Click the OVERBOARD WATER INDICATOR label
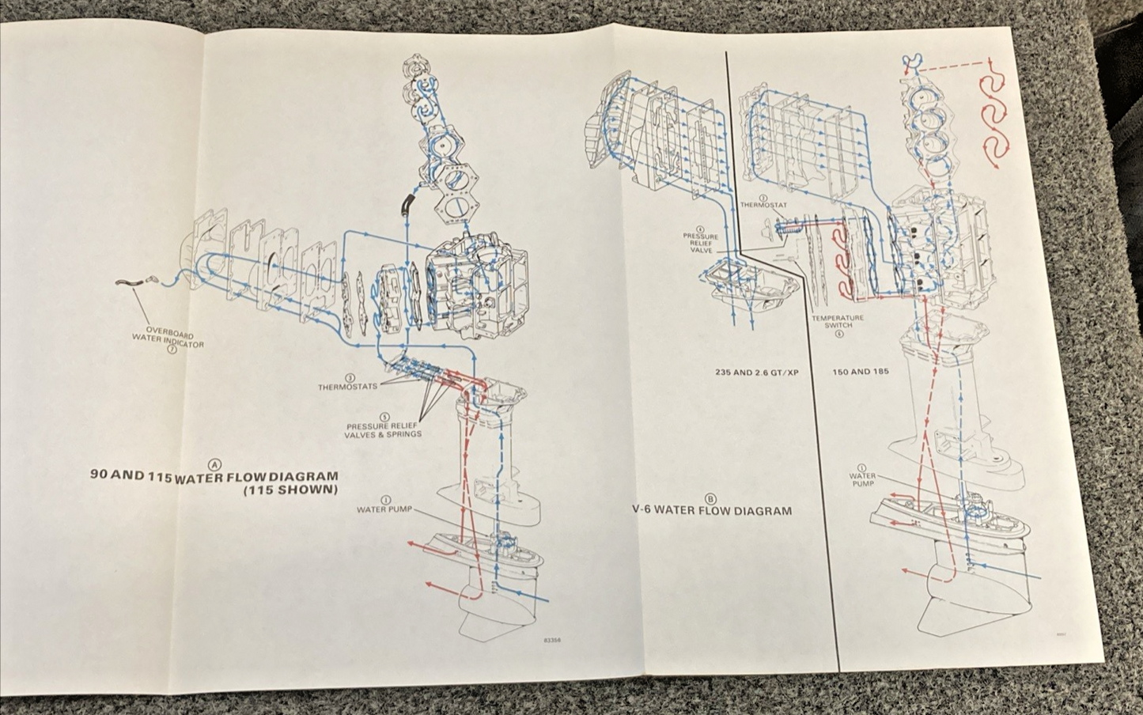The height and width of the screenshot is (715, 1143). point(167,338)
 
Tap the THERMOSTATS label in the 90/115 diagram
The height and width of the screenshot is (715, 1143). point(347,388)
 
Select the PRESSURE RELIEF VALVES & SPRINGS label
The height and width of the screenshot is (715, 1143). point(383,430)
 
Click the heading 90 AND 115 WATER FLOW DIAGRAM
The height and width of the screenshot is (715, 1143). point(214,476)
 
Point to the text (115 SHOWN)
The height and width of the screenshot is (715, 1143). point(290,490)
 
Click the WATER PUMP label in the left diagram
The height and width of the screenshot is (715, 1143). point(384,509)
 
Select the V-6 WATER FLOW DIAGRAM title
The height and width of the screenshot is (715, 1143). point(711,511)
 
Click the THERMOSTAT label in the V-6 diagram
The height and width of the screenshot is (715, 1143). point(763,206)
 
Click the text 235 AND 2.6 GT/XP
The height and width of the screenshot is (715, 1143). point(757,372)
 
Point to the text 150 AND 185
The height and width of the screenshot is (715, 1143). point(860,372)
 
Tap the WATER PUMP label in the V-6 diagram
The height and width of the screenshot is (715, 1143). point(862,479)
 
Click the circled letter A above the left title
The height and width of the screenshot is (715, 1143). point(214,463)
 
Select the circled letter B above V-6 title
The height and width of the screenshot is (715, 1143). point(710,498)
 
